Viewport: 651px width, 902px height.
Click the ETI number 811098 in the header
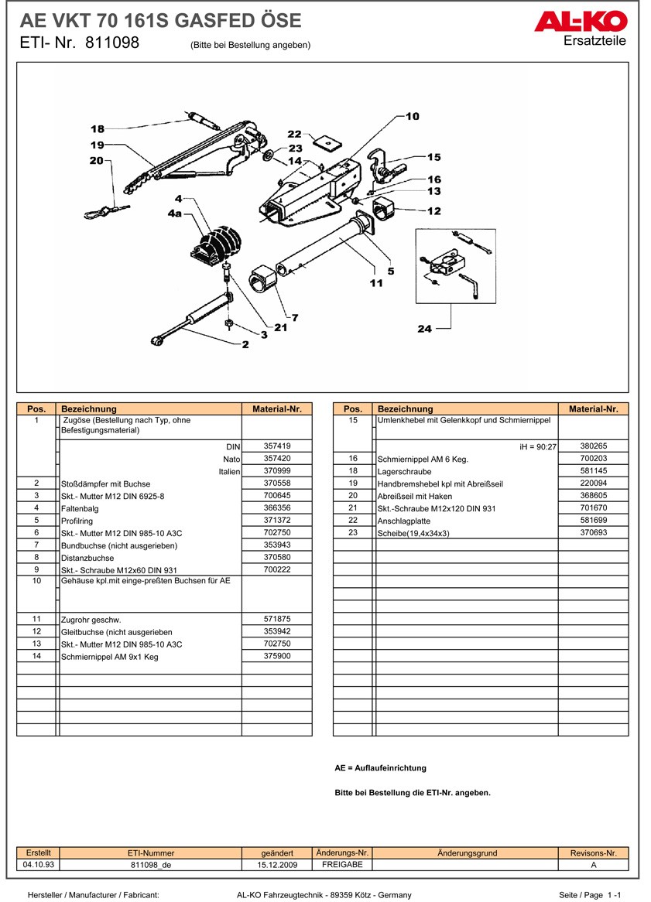tap(112, 43)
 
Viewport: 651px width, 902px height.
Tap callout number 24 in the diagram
tap(425, 329)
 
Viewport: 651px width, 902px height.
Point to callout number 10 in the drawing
tap(413, 116)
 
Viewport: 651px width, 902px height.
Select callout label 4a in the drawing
tap(174, 214)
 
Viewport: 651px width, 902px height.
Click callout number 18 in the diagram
tap(98, 129)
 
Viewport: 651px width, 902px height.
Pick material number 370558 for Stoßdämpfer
tap(276, 483)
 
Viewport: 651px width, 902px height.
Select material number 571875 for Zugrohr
tap(276, 619)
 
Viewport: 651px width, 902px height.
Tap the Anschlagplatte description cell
tap(403, 521)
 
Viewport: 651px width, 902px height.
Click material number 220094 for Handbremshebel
tap(593, 483)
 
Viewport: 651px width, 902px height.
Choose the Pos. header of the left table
tap(36, 408)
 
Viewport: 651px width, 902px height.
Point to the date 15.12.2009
tap(277, 865)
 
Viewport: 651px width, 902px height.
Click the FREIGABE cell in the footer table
tap(342, 864)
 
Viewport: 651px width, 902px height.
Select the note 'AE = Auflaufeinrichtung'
tap(380, 768)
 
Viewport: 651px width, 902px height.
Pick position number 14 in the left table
tap(36, 656)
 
